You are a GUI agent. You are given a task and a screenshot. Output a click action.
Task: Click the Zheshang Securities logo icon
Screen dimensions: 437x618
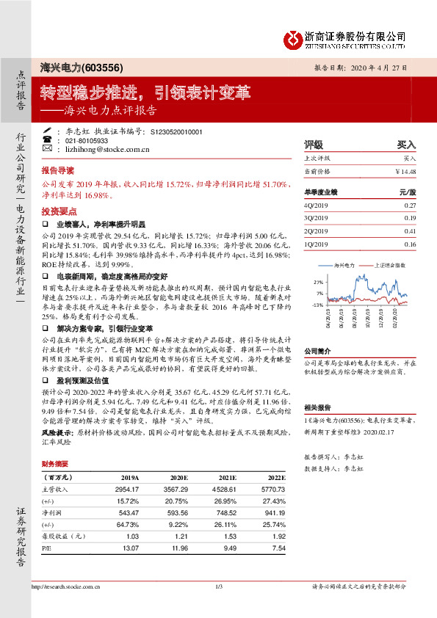click(x=295, y=37)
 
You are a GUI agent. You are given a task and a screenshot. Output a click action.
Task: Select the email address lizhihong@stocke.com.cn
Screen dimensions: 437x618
click(x=108, y=148)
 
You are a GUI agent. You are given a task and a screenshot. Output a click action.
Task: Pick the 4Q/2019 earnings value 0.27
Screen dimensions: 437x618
click(x=410, y=206)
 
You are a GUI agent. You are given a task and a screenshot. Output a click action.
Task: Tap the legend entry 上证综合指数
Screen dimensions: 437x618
click(x=388, y=263)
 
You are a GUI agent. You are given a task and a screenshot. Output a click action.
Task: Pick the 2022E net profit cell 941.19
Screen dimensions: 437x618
click(x=272, y=514)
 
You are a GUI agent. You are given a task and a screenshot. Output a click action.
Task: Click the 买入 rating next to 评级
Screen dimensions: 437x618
click(x=406, y=145)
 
